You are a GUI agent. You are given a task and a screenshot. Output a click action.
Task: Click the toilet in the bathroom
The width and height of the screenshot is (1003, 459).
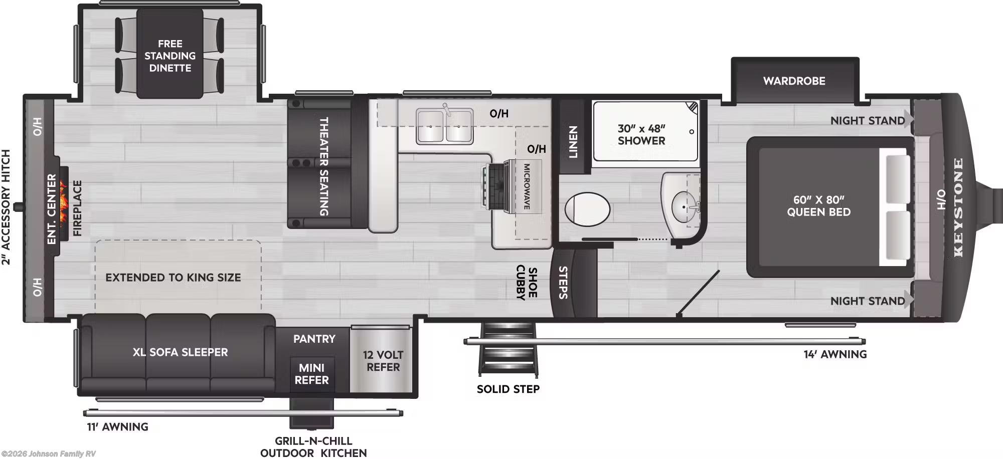click(587, 209)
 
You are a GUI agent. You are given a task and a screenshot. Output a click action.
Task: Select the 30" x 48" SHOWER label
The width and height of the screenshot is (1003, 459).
click(641, 134)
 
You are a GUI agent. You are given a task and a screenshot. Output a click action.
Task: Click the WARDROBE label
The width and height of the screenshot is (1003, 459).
click(794, 81)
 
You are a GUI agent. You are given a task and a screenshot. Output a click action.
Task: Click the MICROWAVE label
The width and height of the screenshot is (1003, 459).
click(527, 186)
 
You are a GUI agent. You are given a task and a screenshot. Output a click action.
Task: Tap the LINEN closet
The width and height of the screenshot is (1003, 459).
click(573, 142)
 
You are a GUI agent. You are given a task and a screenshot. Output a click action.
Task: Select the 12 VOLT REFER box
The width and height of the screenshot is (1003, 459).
click(383, 361)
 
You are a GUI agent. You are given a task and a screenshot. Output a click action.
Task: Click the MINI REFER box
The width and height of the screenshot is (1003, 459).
click(311, 374)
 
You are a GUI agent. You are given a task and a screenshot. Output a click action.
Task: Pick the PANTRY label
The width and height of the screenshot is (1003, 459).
click(314, 339)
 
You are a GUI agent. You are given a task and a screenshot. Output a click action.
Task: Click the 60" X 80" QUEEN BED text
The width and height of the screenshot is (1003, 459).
click(818, 206)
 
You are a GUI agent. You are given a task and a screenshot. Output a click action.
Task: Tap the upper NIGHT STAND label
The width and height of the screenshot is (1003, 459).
click(867, 120)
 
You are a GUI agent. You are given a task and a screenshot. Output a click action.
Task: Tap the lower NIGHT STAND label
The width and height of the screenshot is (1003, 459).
click(867, 301)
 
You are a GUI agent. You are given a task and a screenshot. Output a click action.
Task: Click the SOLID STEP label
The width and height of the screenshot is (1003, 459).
click(508, 389)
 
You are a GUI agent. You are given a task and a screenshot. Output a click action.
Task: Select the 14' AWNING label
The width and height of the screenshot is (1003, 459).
click(835, 354)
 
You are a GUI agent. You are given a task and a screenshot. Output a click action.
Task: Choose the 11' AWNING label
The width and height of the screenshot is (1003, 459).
click(118, 427)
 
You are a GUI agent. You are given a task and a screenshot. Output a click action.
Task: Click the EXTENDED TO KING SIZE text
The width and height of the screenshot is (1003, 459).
click(173, 277)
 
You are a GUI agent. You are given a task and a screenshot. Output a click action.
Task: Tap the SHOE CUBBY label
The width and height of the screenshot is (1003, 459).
click(527, 282)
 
